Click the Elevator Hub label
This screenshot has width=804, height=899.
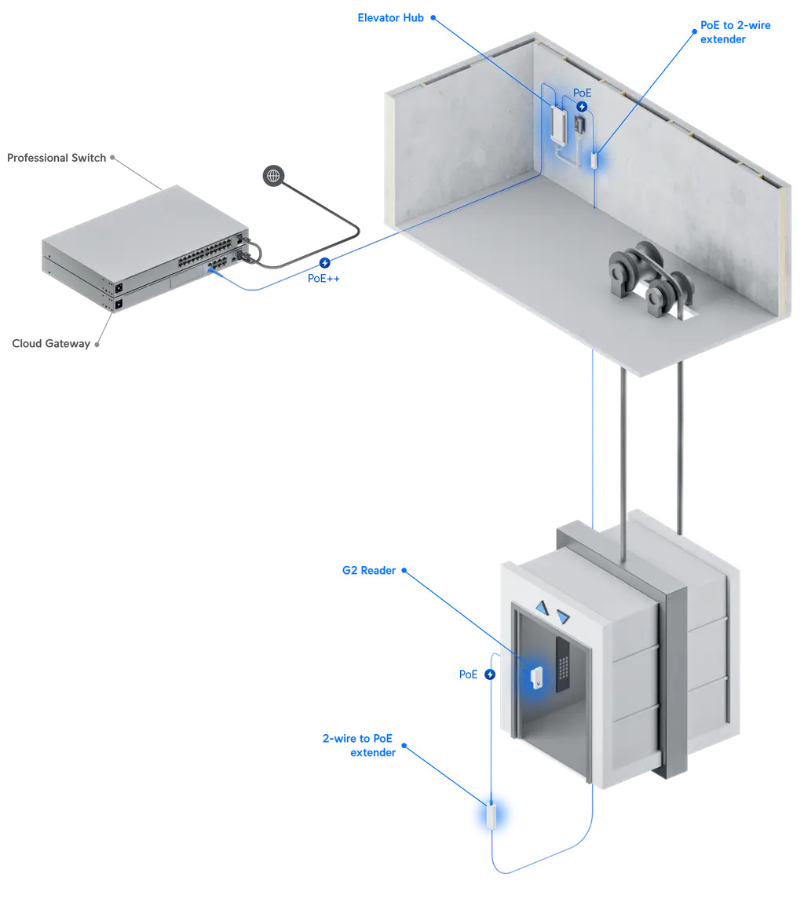tap(390, 17)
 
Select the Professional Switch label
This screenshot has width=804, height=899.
tap(57, 158)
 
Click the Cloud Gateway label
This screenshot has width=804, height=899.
tap(51, 343)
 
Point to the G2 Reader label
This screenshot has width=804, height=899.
tap(368, 571)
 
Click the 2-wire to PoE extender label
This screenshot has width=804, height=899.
tap(359, 745)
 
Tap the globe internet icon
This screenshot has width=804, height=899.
tap(273, 176)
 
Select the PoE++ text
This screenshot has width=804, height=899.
tap(323, 278)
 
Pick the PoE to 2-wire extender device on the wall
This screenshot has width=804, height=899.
tap(595, 159)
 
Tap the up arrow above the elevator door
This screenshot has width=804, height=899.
tap(542, 607)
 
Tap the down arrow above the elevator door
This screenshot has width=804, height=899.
tap(562, 618)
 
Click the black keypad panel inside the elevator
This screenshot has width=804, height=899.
tap(563, 663)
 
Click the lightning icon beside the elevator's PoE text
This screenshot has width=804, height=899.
tap(490, 674)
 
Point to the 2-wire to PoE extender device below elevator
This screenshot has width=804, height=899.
tap(492, 816)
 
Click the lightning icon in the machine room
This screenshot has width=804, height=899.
tap(582, 106)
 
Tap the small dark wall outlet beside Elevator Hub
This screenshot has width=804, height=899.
tap(580, 125)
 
